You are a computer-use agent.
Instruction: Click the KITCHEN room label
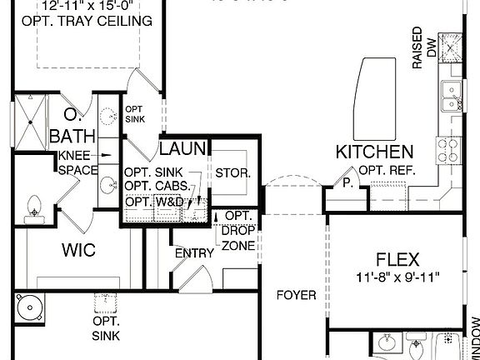point(374,152)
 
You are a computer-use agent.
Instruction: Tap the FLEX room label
point(397,258)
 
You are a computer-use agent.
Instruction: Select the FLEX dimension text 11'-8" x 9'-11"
point(397,276)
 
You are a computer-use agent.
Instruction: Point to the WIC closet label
point(79,249)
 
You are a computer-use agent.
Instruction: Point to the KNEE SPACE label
point(77,162)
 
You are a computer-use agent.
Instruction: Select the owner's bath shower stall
point(30,122)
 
